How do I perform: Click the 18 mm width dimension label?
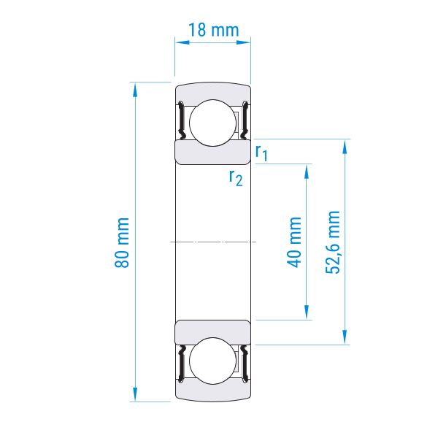click(214, 30)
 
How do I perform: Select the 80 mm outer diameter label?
click(122, 242)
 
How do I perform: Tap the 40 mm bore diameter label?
click(294, 242)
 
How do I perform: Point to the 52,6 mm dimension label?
click(333, 242)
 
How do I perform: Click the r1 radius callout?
click(261, 153)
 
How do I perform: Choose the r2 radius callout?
click(236, 178)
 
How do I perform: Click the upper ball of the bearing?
click(213, 123)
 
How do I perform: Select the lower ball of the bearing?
click(213, 361)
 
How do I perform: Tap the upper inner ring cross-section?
click(213, 153)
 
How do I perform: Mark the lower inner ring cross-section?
click(213, 332)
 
